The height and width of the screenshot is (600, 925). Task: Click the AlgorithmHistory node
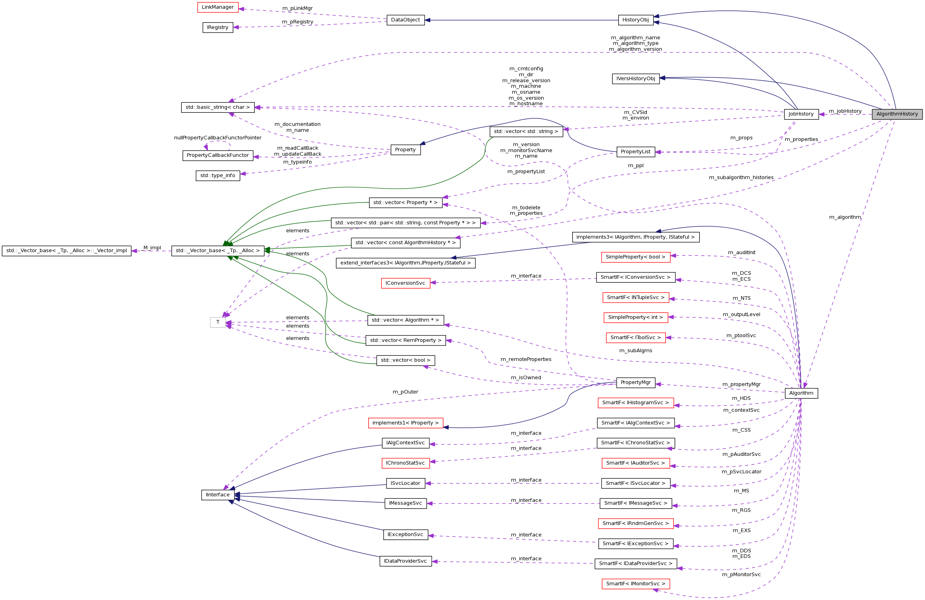tap(897, 114)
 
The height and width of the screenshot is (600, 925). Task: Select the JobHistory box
tap(801, 114)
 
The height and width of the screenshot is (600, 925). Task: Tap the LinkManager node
tap(217, 7)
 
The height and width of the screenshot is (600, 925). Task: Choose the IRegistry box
tap(217, 27)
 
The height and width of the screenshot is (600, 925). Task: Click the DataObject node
tap(405, 20)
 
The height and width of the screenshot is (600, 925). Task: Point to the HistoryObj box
tap(635, 20)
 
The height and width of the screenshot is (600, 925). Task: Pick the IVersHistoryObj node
tap(635, 79)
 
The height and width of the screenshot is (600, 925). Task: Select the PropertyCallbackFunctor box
tap(217, 155)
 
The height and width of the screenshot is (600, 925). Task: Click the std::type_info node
tap(217, 176)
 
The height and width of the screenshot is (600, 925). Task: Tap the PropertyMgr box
tap(635, 382)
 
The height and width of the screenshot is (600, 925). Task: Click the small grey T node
tap(217, 322)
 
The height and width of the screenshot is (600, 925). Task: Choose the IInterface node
tap(217, 495)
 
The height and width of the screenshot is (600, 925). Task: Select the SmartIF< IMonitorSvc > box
tap(635, 584)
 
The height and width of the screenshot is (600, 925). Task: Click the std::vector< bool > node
tap(405, 360)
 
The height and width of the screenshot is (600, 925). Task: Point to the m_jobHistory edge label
tap(845, 111)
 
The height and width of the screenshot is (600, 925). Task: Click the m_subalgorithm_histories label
tap(741, 177)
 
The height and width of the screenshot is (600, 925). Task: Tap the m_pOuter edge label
tap(405, 392)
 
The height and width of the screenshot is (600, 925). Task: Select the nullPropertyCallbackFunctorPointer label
tap(217, 138)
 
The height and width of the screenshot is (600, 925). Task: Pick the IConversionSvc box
tap(405, 283)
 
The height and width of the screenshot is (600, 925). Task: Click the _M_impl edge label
tap(152, 248)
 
